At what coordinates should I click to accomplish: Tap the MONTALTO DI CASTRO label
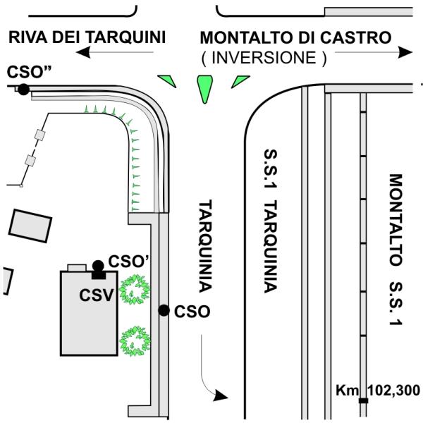tap(295, 37)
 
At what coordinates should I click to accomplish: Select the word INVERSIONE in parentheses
tap(264, 59)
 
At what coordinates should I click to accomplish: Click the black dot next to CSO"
tap(24, 90)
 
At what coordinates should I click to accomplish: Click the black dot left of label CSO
tap(164, 310)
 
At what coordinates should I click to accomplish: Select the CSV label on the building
tap(97, 294)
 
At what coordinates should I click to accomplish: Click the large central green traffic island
tap(204, 87)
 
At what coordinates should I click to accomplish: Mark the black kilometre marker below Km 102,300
tap(363, 401)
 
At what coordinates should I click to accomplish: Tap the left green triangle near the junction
tap(166, 78)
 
